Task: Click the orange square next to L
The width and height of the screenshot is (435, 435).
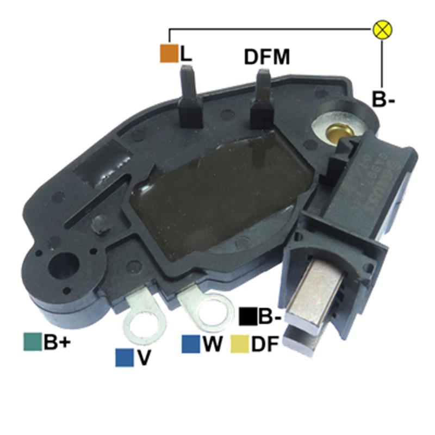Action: coord(169,53)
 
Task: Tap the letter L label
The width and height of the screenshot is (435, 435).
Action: coord(187,53)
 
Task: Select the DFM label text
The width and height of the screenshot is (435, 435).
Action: coord(266,57)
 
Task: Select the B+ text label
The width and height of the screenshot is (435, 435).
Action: coord(58,342)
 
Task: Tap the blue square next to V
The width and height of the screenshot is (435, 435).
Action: coord(125,357)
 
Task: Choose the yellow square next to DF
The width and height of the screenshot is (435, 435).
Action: coord(240,344)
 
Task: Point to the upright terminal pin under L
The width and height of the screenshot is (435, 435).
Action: coord(189,92)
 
